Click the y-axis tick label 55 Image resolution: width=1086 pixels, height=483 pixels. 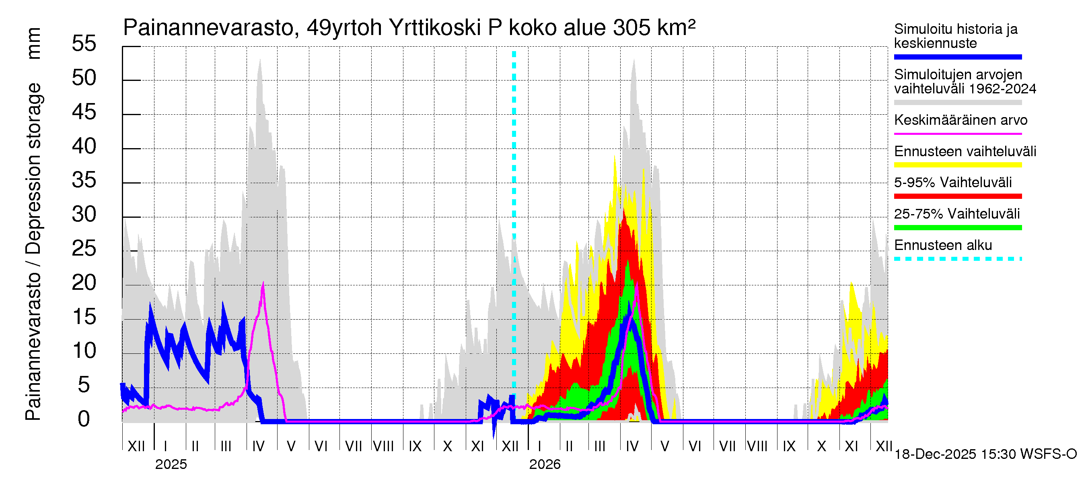[84, 43]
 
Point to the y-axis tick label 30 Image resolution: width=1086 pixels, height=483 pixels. [84, 214]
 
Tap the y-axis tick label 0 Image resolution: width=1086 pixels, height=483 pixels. [84, 419]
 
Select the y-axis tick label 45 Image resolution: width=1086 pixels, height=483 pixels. [84, 112]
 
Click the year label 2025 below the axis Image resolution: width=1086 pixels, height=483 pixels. [171, 464]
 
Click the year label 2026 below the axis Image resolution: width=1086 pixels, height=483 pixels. [545, 464]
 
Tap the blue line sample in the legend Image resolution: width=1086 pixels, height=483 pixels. [957, 57]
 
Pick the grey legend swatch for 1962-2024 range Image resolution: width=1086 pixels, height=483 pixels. [957, 103]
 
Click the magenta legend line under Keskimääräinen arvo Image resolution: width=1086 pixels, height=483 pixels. [957, 134]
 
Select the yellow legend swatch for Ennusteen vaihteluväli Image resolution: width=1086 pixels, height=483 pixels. [957, 165]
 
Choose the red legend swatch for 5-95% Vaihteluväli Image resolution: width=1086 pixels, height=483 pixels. [957, 196]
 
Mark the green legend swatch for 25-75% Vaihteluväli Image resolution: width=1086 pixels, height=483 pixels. [957, 228]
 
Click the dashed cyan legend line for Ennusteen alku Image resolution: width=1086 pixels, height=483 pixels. [957, 259]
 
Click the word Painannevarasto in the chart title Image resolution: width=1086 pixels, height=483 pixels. [208, 28]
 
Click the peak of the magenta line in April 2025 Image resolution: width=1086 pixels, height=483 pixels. [263, 283]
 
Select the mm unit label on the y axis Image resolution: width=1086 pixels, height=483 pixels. [34, 43]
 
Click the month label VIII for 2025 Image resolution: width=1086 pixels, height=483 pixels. [383, 446]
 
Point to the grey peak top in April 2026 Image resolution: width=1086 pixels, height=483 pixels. [633, 60]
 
